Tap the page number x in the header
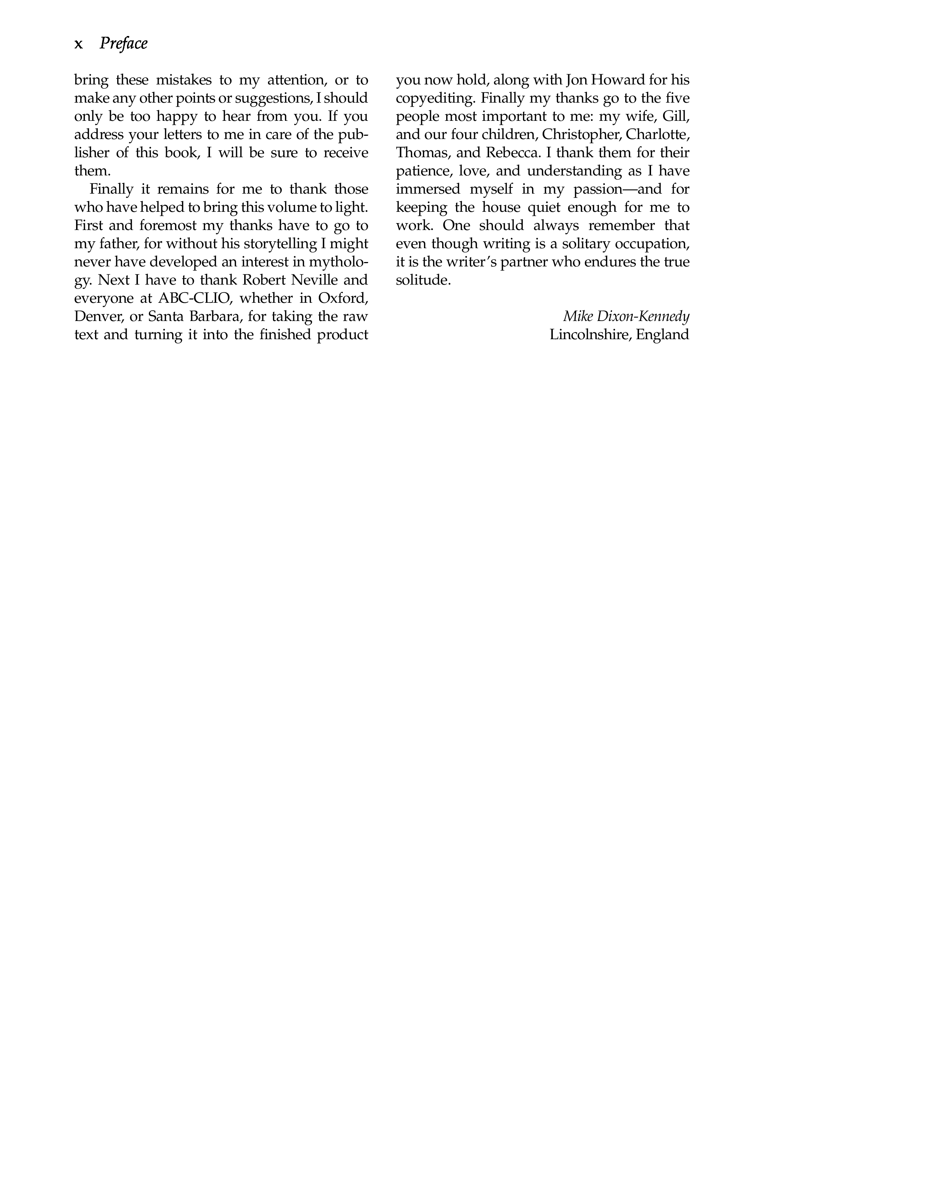[x=79, y=44]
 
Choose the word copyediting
[x=436, y=98]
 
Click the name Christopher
[x=581, y=135]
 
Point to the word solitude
[x=423, y=280]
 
